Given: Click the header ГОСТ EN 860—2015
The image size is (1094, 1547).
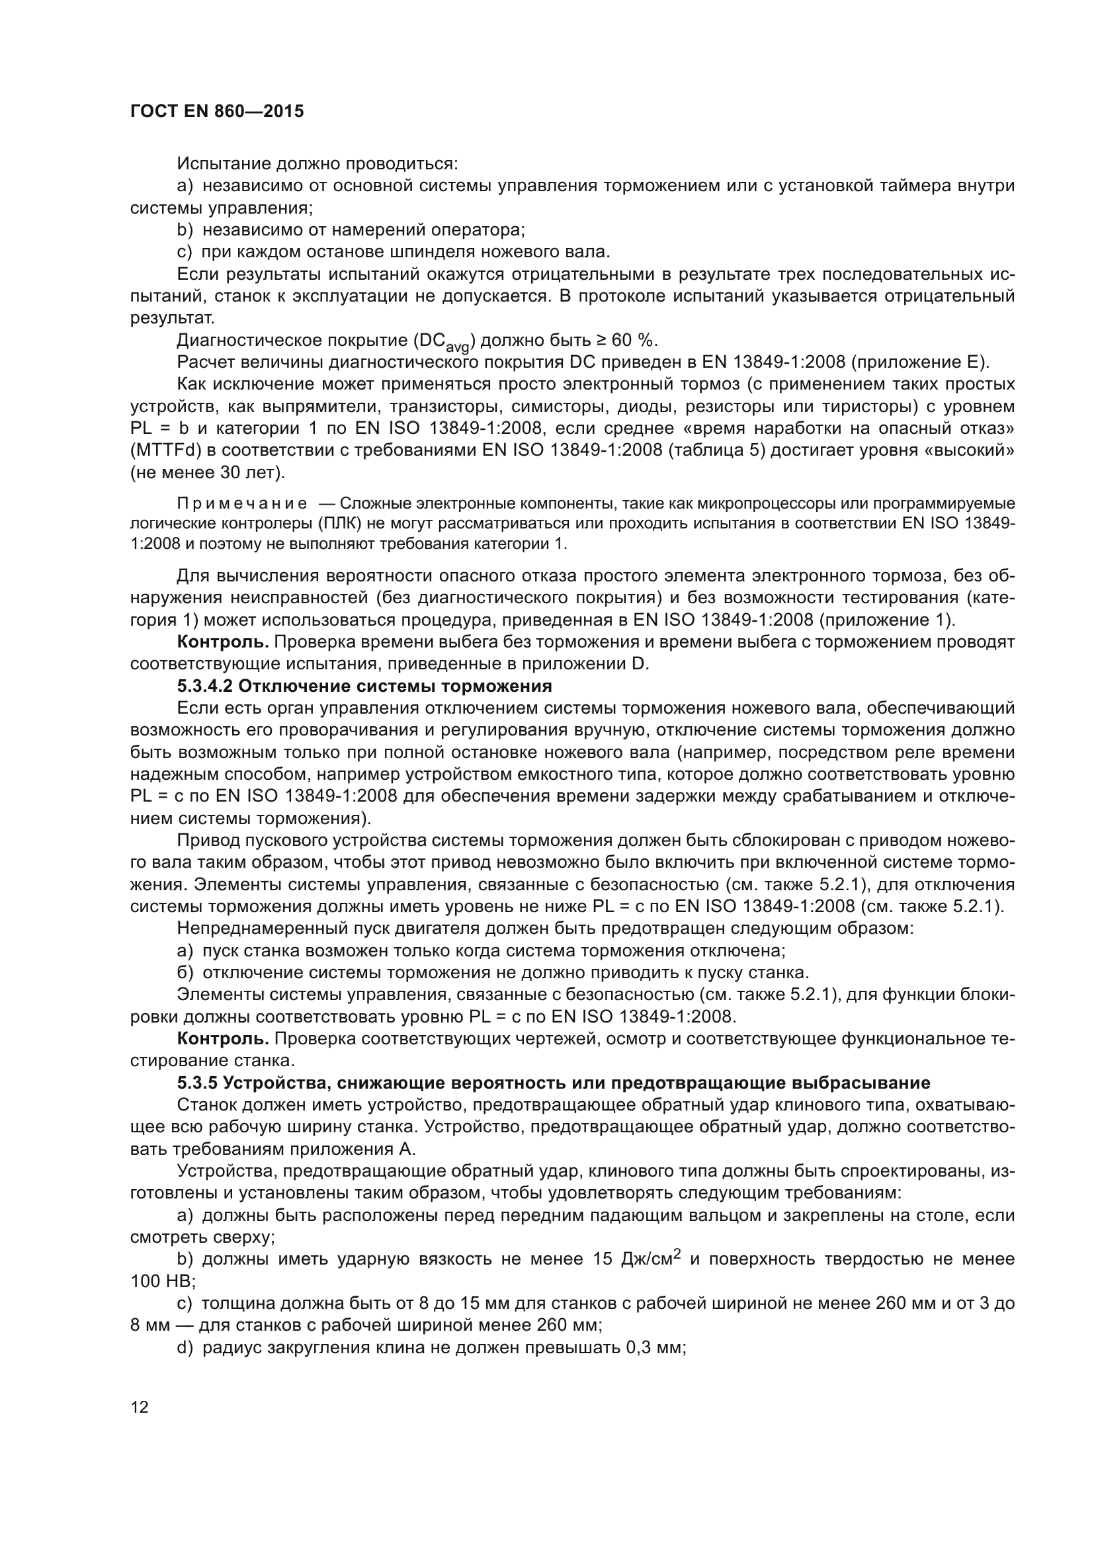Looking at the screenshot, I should point(216,111).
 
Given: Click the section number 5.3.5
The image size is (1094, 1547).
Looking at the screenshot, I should point(196,1083).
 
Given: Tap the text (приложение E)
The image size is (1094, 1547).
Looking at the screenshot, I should point(920,362).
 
